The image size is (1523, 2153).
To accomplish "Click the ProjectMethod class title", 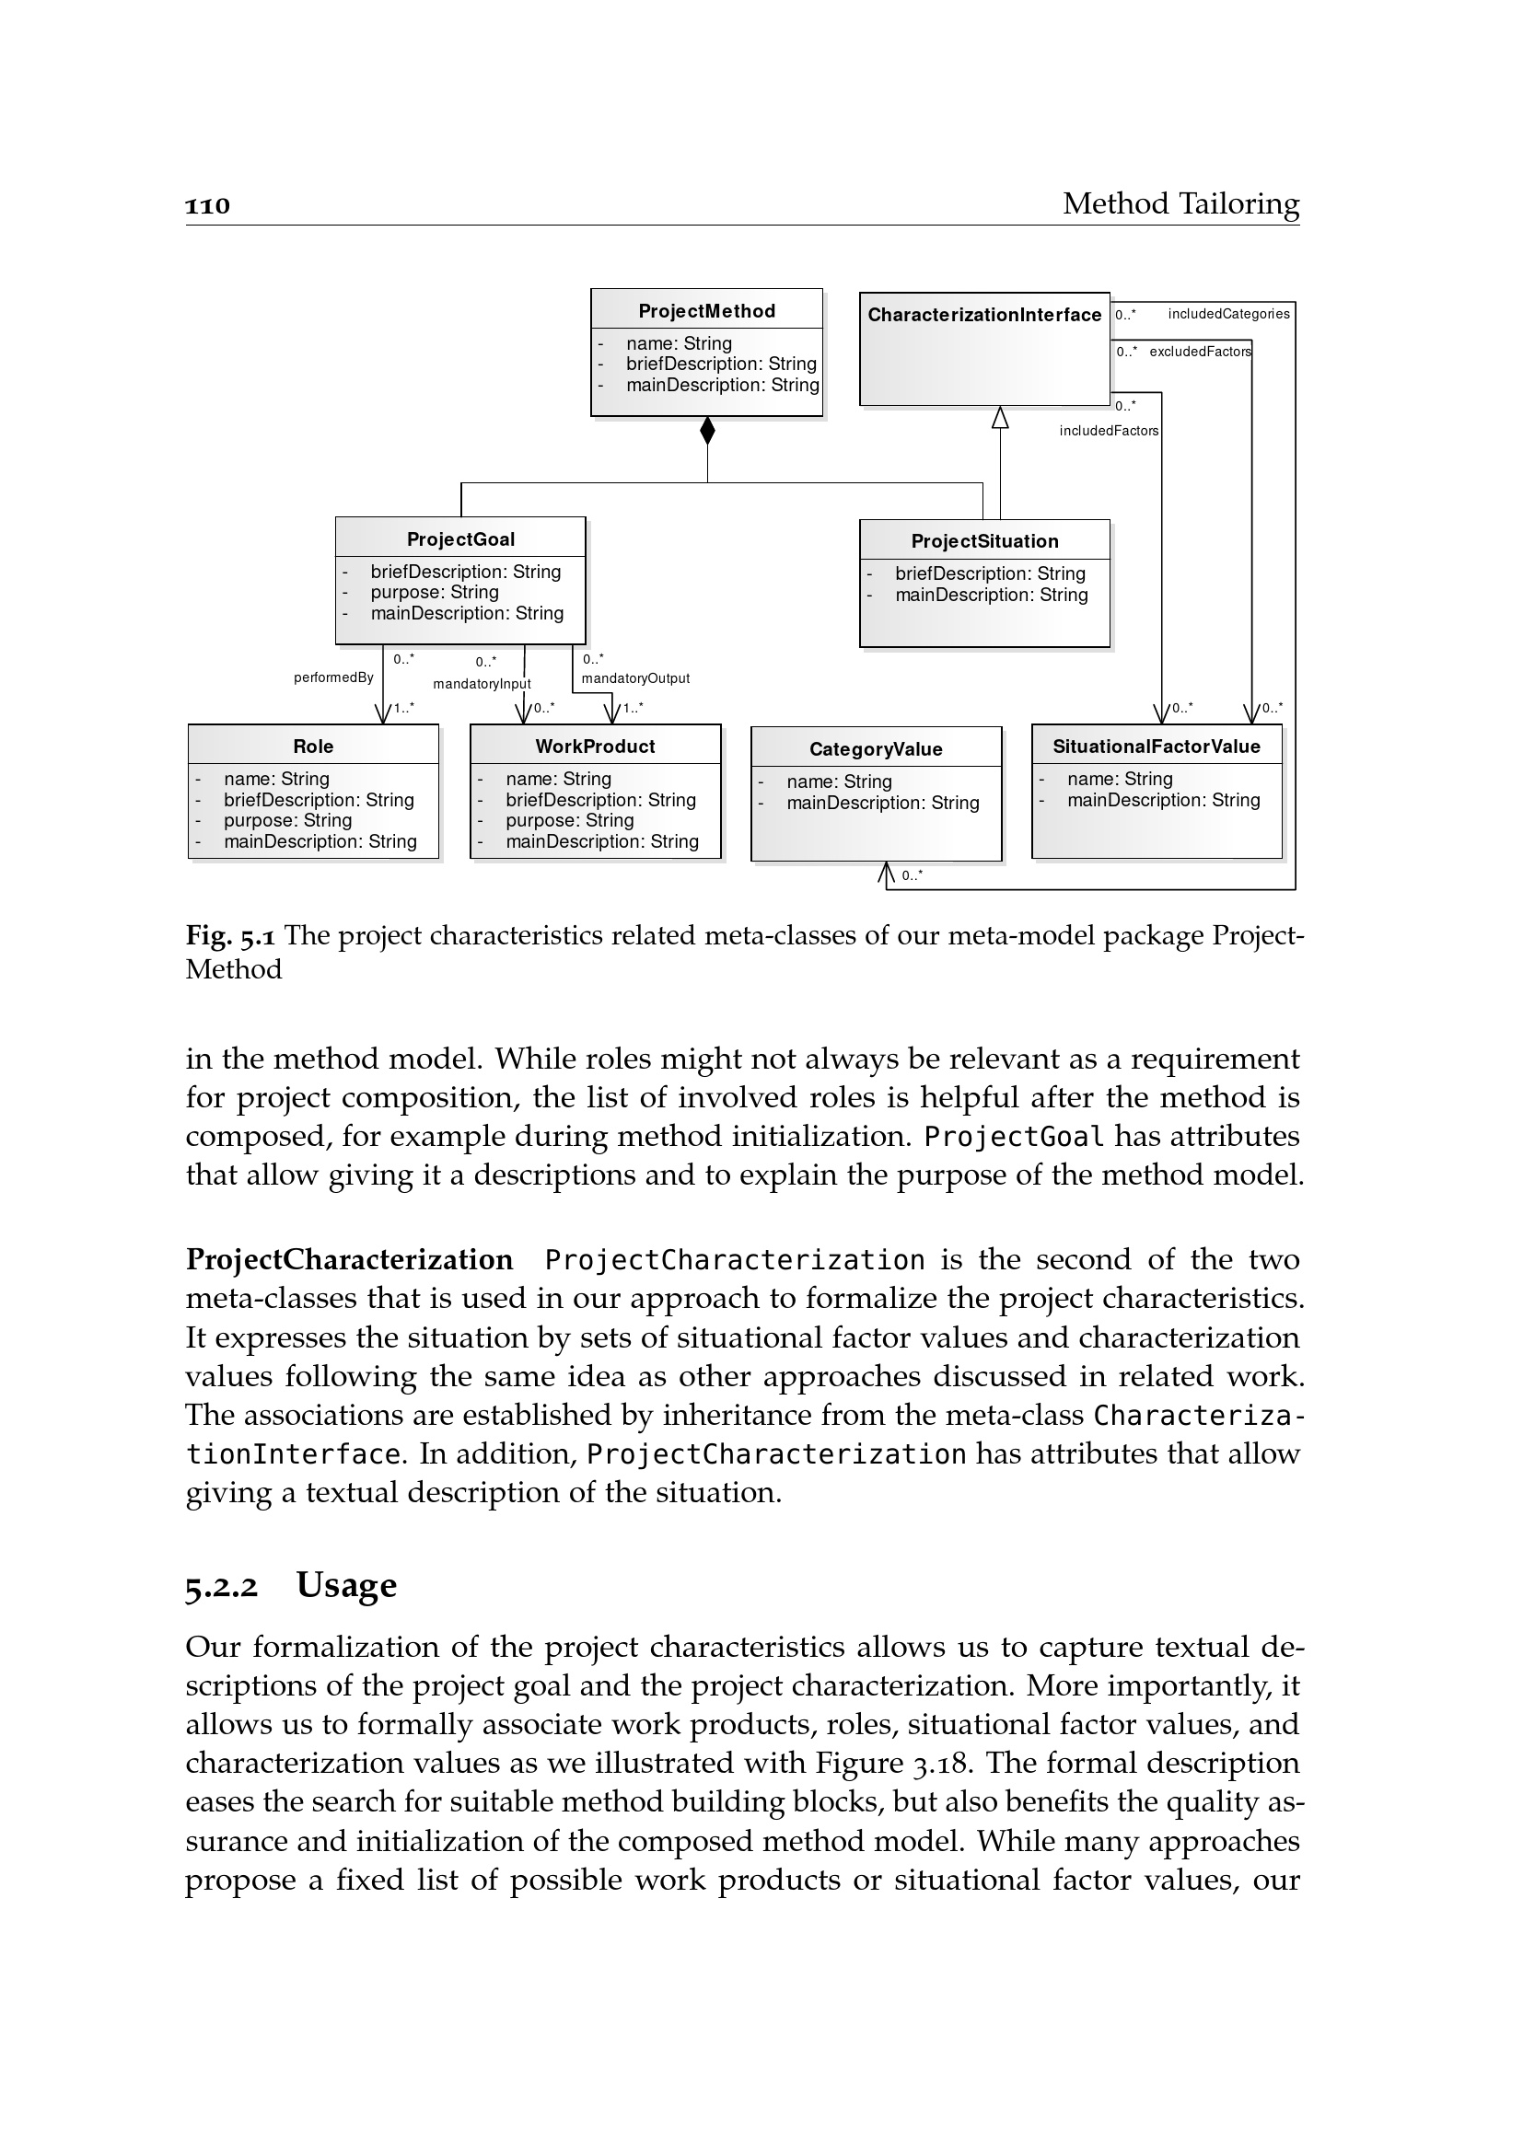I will coord(706,311).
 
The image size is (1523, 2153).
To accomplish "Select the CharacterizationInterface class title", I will coord(983,315).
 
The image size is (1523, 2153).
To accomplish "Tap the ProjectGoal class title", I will coord(460,539).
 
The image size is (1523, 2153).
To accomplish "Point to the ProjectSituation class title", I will coord(984,541).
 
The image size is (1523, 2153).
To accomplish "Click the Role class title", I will coord(313,747).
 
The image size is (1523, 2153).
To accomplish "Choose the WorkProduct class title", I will coord(596,747).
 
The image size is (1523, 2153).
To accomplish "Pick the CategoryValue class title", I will coord(876,749).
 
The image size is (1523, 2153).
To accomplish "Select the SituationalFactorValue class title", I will coord(1157,747).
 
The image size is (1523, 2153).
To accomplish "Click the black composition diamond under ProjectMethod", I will coord(707,432).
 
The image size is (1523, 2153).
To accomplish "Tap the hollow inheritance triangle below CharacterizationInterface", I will coord(1000,417).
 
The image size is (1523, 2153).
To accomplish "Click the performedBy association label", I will coord(334,677).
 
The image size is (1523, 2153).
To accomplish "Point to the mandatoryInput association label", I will coord(482,684).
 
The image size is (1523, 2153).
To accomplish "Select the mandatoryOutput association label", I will coord(636,678).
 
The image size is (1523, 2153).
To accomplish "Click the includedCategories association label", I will coord(1228,314).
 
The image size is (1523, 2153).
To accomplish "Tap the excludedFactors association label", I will coord(1201,352).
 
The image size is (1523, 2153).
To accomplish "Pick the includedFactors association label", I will coord(1109,431).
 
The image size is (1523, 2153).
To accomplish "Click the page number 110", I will coord(207,205).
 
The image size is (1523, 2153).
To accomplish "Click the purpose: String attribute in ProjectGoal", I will coord(435,593).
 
